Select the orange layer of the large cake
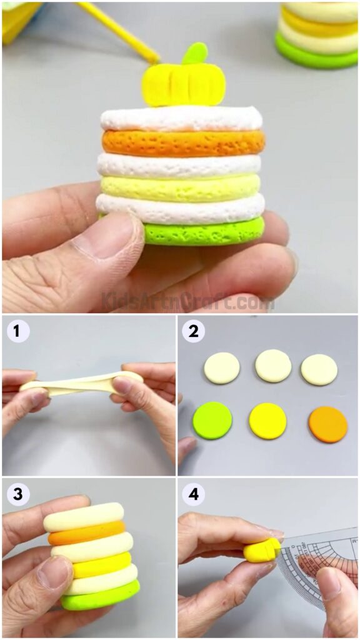tap(182, 142)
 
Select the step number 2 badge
tap(194, 331)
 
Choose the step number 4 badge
tap(194, 494)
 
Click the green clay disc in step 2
tap(212, 420)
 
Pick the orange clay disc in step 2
tap(327, 424)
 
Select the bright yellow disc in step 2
tap(267, 421)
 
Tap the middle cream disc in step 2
tap(273, 366)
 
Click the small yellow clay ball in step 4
tap(261, 549)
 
